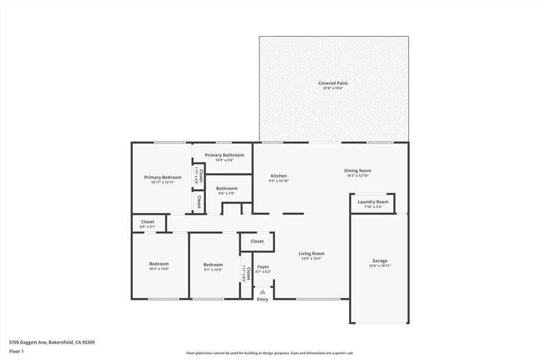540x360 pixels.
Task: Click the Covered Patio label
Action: [x=333, y=83]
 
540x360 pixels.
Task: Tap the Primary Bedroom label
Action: [x=162, y=178]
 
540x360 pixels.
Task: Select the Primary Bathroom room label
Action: [x=224, y=155]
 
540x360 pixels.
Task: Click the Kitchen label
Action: [x=278, y=176]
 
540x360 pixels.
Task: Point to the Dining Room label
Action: [x=358, y=171]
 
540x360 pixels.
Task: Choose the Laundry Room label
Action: [x=373, y=202]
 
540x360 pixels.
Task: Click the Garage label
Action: [x=380, y=261]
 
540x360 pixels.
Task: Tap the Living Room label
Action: [x=311, y=254]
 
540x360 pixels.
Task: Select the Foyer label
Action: [x=263, y=267]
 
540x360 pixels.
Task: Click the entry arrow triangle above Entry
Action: [x=262, y=291]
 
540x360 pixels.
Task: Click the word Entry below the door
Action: [x=262, y=299]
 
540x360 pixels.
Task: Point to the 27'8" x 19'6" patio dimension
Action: [x=333, y=89]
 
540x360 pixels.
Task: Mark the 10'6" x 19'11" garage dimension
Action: [x=380, y=266]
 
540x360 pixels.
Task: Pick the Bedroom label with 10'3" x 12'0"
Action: [x=159, y=264]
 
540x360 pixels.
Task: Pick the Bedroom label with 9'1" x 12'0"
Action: [x=213, y=265]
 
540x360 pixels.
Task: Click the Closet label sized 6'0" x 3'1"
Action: [x=148, y=222]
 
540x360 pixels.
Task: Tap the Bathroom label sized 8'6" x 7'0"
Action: [x=226, y=188]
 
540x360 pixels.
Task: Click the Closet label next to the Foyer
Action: [x=257, y=241]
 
